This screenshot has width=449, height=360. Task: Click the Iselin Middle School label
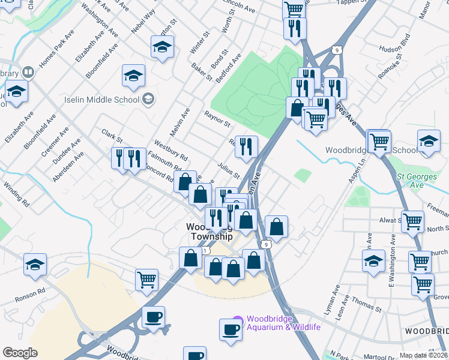click(102, 99)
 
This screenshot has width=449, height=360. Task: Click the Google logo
click(20, 352)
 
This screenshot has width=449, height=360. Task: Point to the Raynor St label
click(217, 119)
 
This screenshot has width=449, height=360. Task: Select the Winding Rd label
click(17, 195)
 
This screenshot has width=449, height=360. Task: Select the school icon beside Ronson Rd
click(35, 263)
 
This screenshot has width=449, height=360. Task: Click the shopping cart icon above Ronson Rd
click(147, 279)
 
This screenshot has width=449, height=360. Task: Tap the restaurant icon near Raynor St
click(246, 146)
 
